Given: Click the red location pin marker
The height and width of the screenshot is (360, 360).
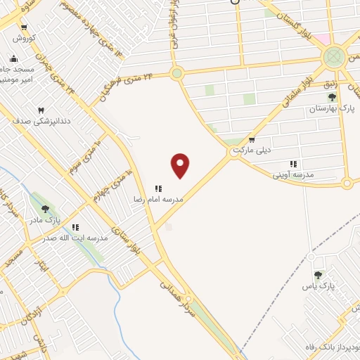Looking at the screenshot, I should (x=181, y=165).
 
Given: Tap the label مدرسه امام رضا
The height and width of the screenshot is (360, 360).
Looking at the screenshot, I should (x=159, y=200).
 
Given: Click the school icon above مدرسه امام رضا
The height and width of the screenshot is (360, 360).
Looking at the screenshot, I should (x=159, y=188).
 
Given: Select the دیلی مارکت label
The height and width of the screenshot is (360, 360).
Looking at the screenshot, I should (x=252, y=150).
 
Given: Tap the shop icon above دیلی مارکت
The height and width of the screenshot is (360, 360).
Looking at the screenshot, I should (x=252, y=140).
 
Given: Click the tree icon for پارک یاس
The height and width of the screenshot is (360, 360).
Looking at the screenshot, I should (x=318, y=275).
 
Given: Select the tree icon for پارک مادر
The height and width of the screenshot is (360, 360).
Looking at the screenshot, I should (x=46, y=209).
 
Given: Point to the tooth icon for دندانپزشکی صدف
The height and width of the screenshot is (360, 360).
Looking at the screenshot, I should (x=40, y=110).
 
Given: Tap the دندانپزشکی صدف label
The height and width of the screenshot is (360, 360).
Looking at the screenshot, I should (x=32, y=121).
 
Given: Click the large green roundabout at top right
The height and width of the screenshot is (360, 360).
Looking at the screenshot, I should (x=335, y=56).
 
